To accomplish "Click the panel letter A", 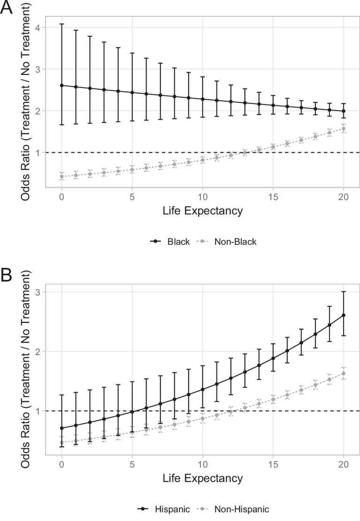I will coord(7,8).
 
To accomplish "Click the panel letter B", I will coord(7,275).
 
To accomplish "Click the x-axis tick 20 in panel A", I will coord(343,196).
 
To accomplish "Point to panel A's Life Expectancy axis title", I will coord(202,211).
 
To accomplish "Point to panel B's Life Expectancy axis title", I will coord(202,478).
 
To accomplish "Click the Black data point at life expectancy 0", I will coord(62,85).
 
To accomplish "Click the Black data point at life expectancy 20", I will coord(344,111).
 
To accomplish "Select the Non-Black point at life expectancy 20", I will coord(344,128).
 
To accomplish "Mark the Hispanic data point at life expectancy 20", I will coord(344,315).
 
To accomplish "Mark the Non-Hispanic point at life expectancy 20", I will coord(344,373).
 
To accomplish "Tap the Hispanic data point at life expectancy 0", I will coord(62,428).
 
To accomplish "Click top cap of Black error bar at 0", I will coord(62,24).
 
